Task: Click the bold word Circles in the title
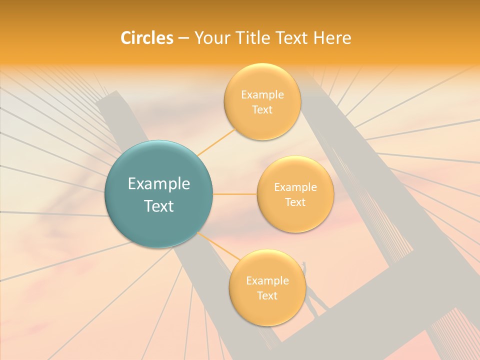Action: click(146, 38)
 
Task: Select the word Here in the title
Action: click(332, 38)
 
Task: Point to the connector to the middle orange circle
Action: click(234, 194)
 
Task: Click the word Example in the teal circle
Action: click(158, 184)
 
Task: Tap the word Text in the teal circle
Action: click(158, 206)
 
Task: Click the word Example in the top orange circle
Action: click(262, 95)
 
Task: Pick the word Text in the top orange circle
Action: click(262, 109)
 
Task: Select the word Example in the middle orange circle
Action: click(295, 187)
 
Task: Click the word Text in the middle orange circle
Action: click(295, 202)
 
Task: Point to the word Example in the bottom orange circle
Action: click(267, 281)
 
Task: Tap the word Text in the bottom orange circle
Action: click(267, 295)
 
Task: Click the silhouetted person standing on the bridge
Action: click(312, 295)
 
